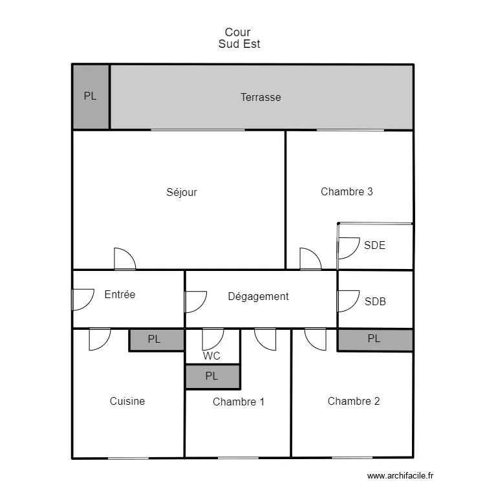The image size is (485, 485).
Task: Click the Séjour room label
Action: coord(182,193)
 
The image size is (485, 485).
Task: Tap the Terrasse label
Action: coord(261,98)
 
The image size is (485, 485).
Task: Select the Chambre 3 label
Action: coord(347,192)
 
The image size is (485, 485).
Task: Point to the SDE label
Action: coord(374,245)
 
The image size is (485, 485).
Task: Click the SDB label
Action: coord(375,301)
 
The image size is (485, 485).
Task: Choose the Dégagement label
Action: coord(258,297)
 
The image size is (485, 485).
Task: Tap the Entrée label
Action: coord(120,294)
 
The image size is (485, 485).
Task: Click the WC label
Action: coord(211,356)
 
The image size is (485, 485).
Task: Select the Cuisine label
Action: coord(127,401)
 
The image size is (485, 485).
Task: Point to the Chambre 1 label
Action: coord(239,402)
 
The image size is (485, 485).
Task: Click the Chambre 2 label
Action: coord(354,401)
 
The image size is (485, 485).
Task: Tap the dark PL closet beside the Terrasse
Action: coord(91,96)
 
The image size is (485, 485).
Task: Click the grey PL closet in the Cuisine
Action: coord(156,339)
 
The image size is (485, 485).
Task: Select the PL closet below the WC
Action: coord(213,376)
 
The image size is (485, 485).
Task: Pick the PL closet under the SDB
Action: coord(375,339)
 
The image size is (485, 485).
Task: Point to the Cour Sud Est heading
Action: coord(239,38)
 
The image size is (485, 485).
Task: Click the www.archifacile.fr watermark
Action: coord(400,476)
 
